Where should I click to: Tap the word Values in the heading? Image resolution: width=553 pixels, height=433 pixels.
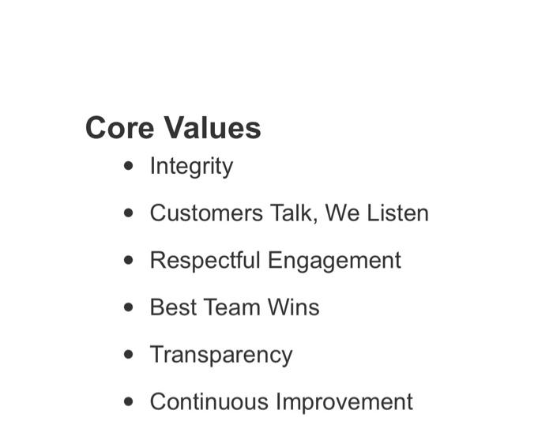[211, 127]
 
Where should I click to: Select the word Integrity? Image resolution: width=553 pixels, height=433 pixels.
[191, 167]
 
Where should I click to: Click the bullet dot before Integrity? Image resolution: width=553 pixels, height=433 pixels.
[130, 166]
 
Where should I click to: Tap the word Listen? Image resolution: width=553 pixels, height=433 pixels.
[397, 213]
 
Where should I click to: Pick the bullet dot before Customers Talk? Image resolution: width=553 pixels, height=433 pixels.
[130, 213]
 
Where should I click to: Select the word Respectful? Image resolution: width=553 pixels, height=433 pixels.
[205, 260]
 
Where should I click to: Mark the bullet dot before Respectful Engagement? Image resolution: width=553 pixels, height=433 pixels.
[130, 260]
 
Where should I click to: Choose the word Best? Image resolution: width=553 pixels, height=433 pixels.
[173, 307]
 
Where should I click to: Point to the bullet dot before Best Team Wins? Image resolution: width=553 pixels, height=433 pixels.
[130, 307]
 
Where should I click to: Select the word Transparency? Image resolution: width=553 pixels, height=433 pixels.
[221, 356]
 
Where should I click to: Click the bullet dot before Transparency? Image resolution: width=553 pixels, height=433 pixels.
[130, 355]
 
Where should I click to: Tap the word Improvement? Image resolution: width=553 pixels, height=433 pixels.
[344, 402]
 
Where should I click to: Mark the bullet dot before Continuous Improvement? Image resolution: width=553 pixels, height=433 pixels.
[130, 401]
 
